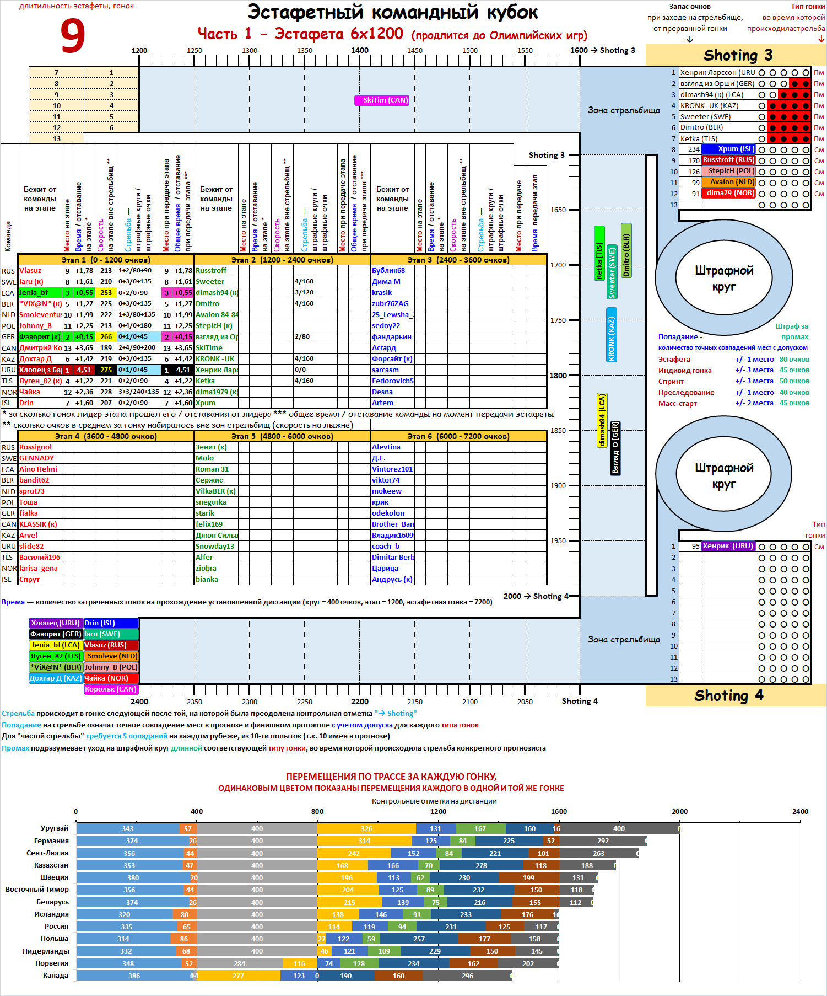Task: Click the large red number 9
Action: pos(73,36)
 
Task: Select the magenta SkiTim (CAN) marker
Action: pos(382,100)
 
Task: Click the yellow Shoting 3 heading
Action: pos(737,55)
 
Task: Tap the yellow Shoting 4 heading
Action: pos(728,695)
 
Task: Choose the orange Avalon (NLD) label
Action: pos(728,182)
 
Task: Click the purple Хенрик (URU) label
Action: pos(728,546)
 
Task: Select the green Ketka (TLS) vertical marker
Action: pos(599,253)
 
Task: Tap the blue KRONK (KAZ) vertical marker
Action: pos(611,335)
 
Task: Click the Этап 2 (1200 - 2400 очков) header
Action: pos(282,260)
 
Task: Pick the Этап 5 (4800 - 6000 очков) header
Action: pos(282,436)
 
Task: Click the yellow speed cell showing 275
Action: pos(106,370)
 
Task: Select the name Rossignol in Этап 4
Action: pos(35,447)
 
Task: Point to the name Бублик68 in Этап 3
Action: pos(388,271)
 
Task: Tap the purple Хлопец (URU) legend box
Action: pos(56,623)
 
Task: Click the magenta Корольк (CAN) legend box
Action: pos(111,689)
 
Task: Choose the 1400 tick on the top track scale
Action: pos(360,51)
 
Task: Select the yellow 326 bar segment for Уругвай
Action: pos(366,828)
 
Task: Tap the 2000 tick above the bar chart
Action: pos(679,811)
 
